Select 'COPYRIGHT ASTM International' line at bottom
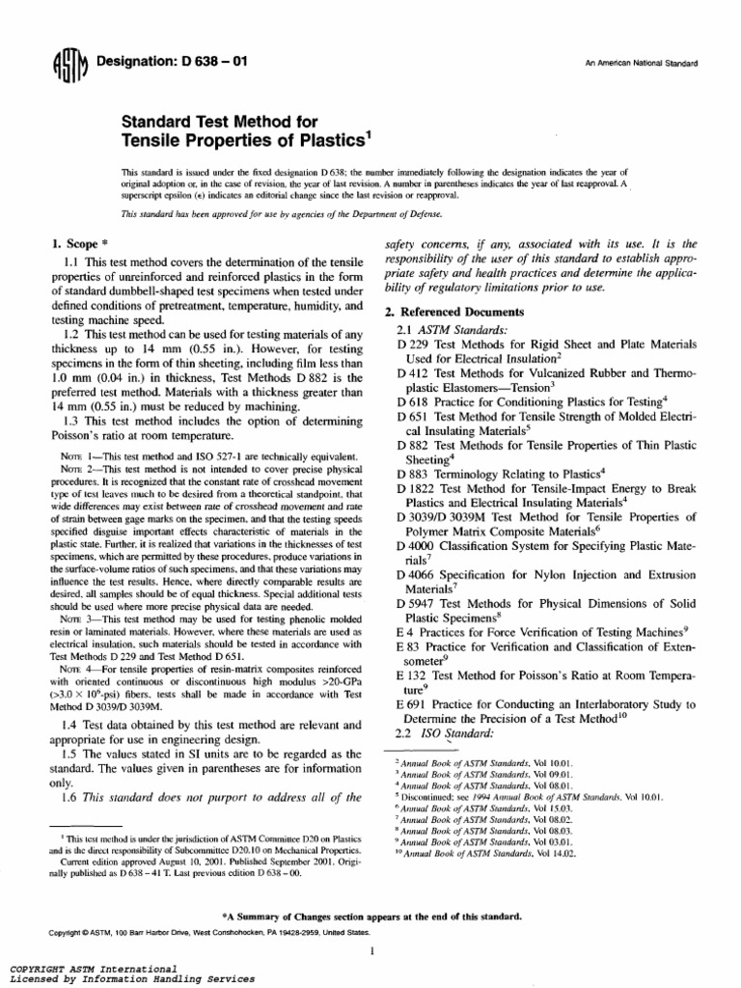(x=93, y=968)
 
